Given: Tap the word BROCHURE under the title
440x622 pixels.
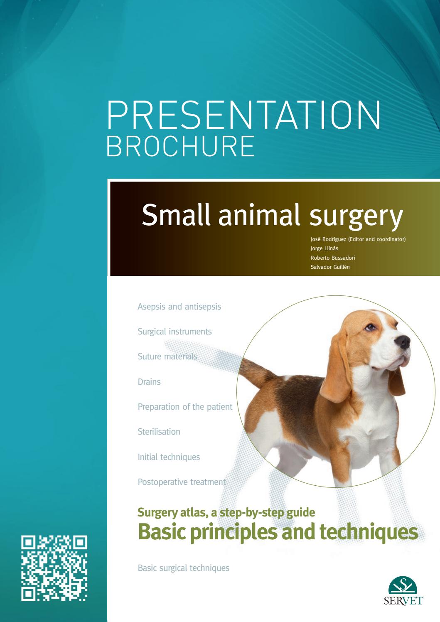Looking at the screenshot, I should click(180, 146).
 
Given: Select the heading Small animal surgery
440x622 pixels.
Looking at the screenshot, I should click(272, 214).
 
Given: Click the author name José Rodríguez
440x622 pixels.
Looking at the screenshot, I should click(328, 239).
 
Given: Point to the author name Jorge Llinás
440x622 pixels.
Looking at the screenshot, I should click(324, 248).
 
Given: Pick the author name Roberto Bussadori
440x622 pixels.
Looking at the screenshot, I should click(333, 258).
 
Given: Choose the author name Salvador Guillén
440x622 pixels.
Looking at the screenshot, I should click(330, 267).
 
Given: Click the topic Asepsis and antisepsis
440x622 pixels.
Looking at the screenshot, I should click(179, 307).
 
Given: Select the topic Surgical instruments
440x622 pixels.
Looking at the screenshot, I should click(175, 332).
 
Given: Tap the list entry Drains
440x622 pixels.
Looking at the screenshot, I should click(149, 382).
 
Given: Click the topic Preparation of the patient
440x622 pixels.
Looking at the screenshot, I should click(185, 407).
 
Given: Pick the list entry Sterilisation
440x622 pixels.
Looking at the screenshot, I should click(159, 432).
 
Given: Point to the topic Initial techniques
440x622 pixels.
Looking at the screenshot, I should click(169, 457).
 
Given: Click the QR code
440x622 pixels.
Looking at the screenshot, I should click(54, 568).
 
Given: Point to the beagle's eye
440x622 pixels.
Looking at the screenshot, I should click(370, 327).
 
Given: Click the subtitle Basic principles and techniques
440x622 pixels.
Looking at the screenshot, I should click(277, 531).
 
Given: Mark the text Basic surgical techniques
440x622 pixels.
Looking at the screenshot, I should click(183, 568).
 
